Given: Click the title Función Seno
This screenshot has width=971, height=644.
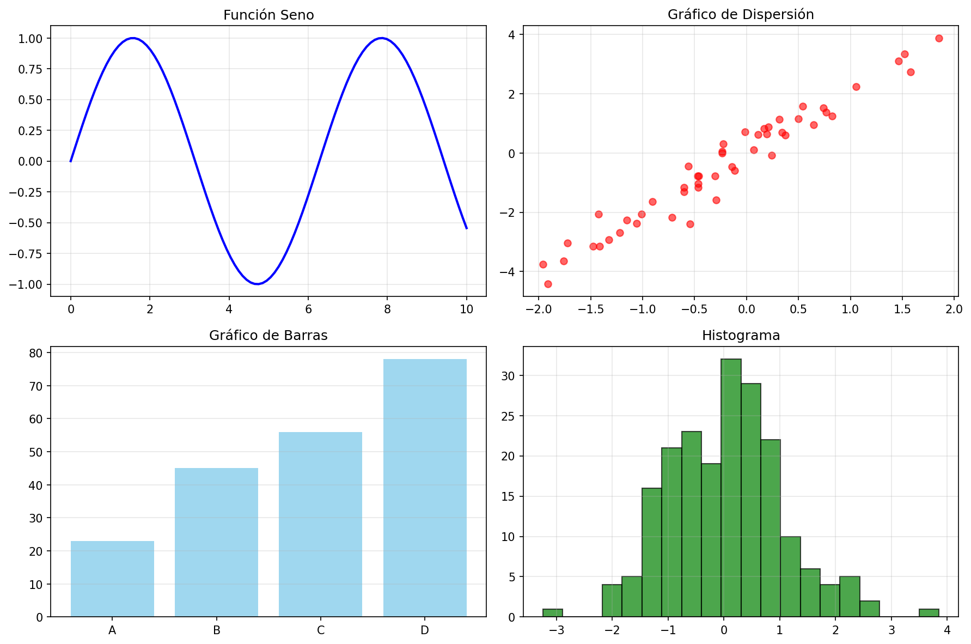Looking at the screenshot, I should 268,15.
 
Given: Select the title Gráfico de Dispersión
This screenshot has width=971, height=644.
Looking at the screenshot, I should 741,15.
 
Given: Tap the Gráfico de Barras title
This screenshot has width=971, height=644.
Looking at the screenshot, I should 268,336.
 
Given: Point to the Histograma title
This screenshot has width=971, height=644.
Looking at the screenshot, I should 741,336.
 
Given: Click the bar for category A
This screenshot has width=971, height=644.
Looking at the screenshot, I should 112,579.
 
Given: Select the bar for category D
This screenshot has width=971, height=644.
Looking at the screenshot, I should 425,488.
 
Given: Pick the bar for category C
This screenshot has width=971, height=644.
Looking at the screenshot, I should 320,524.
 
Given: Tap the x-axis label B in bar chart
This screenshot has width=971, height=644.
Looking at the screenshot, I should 217,630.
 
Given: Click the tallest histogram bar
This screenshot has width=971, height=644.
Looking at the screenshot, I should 731,488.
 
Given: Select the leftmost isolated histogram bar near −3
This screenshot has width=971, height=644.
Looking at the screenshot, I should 553,613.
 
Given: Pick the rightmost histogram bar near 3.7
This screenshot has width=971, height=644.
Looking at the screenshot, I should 929,613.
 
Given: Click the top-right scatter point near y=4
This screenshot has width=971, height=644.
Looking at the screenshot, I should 939,38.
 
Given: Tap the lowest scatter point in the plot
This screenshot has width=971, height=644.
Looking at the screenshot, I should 548,284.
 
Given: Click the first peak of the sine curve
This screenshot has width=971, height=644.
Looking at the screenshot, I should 133,38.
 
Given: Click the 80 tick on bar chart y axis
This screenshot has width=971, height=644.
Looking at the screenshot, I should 36,353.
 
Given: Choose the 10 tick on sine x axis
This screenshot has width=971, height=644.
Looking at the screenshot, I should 466,309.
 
